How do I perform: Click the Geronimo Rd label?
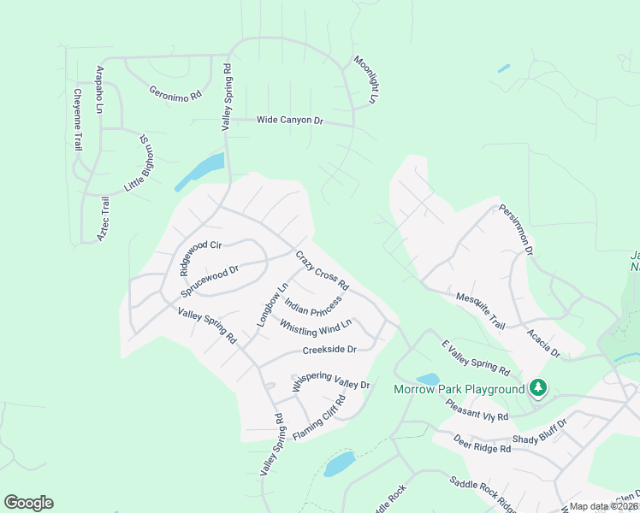(x=174, y=91)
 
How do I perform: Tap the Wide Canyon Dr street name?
(x=290, y=121)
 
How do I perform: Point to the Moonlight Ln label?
(x=365, y=80)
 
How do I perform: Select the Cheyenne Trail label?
(x=77, y=120)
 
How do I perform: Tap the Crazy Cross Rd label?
(x=323, y=268)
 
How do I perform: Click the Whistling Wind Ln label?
(x=316, y=327)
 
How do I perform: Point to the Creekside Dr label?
(x=329, y=350)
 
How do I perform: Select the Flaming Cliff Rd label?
(x=319, y=419)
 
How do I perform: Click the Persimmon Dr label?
(x=517, y=229)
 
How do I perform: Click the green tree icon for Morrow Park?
(x=538, y=389)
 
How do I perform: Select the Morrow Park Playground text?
(x=459, y=390)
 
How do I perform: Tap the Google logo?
(x=28, y=503)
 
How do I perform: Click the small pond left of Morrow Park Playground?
(x=427, y=379)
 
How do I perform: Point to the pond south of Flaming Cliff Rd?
(x=340, y=464)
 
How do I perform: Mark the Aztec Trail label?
(x=103, y=218)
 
